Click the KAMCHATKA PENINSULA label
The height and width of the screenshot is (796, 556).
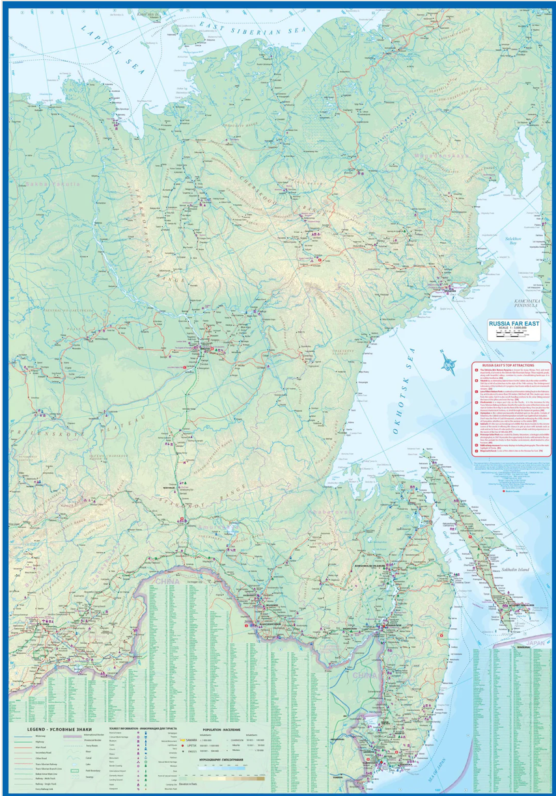coord(528,304)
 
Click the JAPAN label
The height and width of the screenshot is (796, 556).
coord(535,643)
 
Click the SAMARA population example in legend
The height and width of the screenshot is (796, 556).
coord(193,740)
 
